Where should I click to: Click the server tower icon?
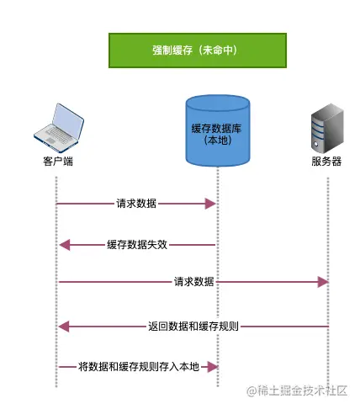[x=326, y=129]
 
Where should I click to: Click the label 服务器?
[x=326, y=161]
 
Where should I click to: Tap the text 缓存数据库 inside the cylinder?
[x=217, y=126]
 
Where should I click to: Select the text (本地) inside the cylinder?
[x=217, y=140]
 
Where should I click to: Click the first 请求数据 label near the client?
[x=135, y=204]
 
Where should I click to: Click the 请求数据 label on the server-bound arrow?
[x=193, y=281]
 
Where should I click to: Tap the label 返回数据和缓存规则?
[x=193, y=326]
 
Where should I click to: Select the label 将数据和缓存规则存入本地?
[x=138, y=367]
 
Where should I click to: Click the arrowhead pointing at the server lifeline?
[x=322, y=282]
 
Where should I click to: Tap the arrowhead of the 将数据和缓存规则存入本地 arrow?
[x=212, y=367]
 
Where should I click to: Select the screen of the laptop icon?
[x=61, y=119]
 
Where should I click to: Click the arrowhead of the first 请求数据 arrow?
[x=212, y=204]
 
